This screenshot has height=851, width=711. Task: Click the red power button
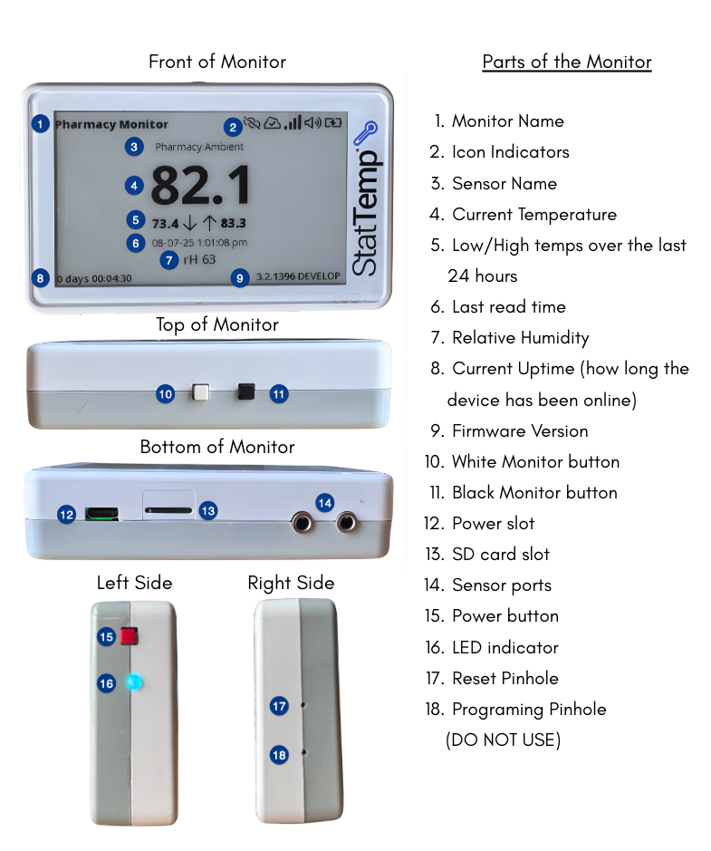[x=130, y=635]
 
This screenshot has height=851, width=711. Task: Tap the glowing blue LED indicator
[x=134, y=682]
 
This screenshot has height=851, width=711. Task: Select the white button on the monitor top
[x=201, y=392]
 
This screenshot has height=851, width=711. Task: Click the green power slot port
[x=102, y=514]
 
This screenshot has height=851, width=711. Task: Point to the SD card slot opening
[x=168, y=511]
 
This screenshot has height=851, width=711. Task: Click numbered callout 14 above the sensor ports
[x=325, y=503]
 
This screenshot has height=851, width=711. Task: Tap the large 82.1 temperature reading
[x=201, y=185]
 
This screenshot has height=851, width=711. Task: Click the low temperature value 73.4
[x=165, y=224]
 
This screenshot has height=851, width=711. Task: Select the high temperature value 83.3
[x=233, y=223]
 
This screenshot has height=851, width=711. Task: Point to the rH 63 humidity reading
[x=199, y=259]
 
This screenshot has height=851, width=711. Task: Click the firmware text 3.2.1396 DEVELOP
[x=298, y=276]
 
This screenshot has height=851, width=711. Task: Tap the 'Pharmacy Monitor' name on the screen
[x=111, y=124]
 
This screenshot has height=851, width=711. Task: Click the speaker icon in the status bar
[x=312, y=122]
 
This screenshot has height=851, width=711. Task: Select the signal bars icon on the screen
[x=293, y=122]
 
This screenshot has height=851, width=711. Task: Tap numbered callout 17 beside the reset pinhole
[x=279, y=706]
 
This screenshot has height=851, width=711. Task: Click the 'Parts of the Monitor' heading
[x=567, y=62]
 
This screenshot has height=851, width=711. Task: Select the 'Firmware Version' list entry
[x=520, y=430]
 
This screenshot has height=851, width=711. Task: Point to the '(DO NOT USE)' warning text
[x=504, y=740]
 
